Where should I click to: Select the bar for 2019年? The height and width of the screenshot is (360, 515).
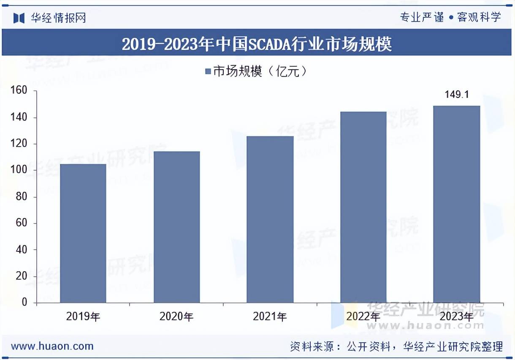pyautogui.click(x=83, y=233)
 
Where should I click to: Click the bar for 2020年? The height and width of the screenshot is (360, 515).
pyautogui.click(x=176, y=227)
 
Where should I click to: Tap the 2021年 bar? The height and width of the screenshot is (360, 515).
pyautogui.click(x=270, y=219)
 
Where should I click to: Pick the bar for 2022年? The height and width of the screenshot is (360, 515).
pyautogui.click(x=363, y=207)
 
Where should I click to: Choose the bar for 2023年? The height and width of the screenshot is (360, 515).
pyautogui.click(x=457, y=204)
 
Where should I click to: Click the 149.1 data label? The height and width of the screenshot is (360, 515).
pyautogui.click(x=457, y=95)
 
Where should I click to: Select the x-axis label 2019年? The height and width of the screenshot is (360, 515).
pyautogui.click(x=83, y=316)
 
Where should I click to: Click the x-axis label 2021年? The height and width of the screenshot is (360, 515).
pyautogui.click(x=270, y=316)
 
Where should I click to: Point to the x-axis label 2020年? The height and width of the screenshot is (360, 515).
pyautogui.click(x=176, y=316)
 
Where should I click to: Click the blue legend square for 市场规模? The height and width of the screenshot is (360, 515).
pyautogui.click(x=208, y=72)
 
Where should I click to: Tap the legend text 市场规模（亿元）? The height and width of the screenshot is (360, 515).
pyautogui.click(x=260, y=71)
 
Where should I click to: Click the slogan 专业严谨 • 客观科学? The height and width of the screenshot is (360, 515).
pyautogui.click(x=450, y=17)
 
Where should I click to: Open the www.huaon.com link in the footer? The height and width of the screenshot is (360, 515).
pyautogui.click(x=52, y=346)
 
